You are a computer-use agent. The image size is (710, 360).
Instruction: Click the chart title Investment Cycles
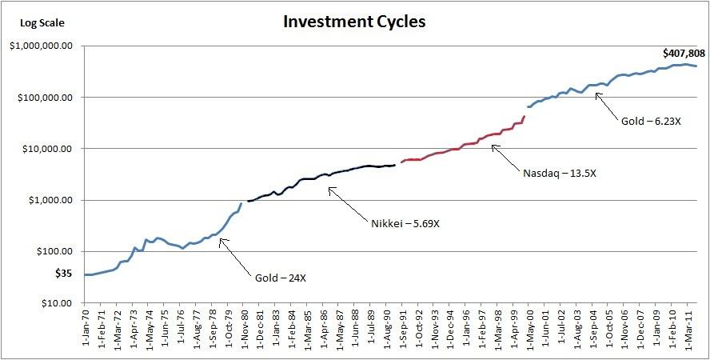(354, 22)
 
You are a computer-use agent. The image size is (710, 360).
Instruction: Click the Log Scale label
(42, 23)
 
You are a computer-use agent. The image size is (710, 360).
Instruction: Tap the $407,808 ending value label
(684, 54)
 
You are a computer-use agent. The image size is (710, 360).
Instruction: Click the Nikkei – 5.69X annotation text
(405, 222)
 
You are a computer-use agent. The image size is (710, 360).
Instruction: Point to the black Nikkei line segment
(320, 178)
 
